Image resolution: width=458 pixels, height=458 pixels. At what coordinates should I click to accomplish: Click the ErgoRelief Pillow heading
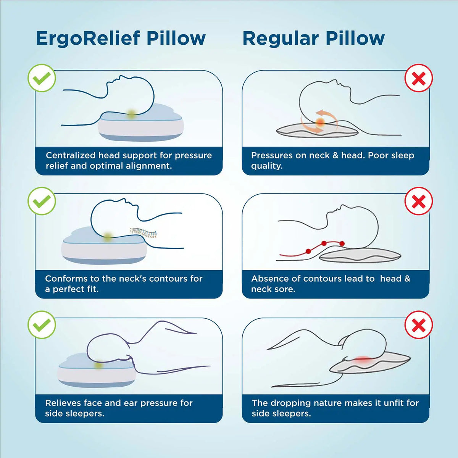[121, 39]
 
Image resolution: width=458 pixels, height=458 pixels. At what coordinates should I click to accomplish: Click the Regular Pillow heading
[313, 39]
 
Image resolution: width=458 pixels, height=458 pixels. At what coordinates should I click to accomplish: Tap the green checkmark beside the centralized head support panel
[42, 78]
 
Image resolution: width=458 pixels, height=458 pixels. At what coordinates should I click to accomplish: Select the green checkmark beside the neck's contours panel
[42, 201]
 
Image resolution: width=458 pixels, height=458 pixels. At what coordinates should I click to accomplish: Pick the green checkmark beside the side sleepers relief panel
[42, 325]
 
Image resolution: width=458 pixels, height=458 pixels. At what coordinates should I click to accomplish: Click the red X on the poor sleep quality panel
[419, 78]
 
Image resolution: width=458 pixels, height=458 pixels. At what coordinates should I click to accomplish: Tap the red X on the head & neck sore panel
[419, 201]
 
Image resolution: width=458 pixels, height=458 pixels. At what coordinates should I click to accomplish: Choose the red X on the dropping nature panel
[419, 325]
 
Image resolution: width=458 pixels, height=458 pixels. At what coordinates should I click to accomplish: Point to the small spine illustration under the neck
[144, 232]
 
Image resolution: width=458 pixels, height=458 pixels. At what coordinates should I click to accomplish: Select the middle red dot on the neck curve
[324, 244]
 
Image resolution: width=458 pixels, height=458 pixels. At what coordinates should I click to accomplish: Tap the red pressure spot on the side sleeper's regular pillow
[363, 360]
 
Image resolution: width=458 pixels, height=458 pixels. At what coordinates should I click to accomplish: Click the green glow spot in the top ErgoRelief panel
[132, 114]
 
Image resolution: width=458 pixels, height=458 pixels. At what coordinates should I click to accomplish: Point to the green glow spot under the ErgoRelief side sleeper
[99, 365]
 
